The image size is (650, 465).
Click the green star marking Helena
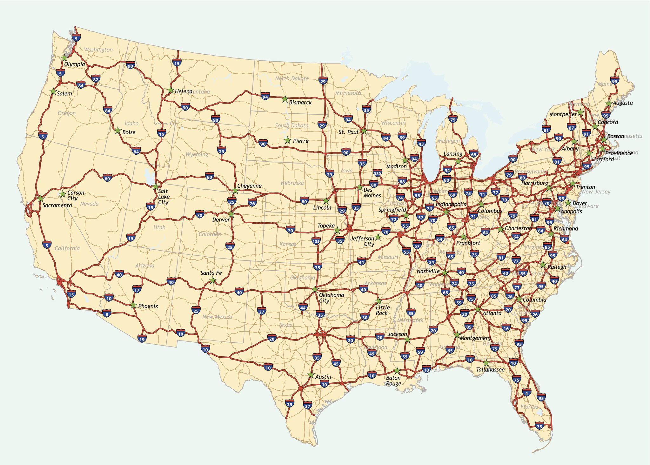click(171, 91)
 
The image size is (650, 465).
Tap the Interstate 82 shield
click(95, 78)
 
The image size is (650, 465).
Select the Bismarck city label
click(300, 103)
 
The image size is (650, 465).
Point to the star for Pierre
click(287, 140)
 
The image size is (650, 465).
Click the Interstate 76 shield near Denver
click(252, 203)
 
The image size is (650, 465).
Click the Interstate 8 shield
click(107, 313)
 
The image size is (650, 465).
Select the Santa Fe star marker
click(213, 280)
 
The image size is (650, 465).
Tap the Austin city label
click(323, 377)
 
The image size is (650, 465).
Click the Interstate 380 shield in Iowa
click(377, 173)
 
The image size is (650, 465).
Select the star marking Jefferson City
click(378, 237)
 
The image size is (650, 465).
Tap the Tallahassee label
click(490, 370)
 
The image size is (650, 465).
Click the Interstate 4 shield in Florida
click(526, 393)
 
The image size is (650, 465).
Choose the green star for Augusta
click(608, 104)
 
